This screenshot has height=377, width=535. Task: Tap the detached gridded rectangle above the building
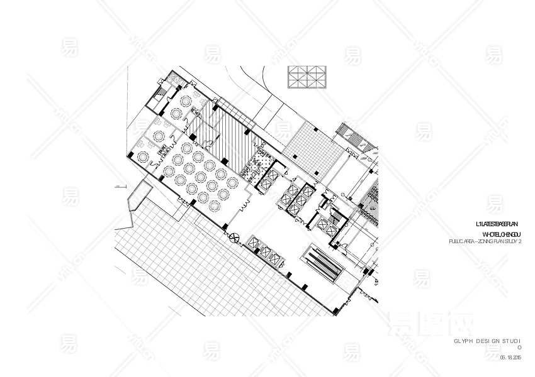point(308,79)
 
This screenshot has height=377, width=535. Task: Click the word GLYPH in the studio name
point(463,341)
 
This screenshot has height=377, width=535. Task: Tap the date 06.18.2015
point(511,358)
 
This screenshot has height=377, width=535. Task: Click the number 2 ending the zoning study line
point(522,241)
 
